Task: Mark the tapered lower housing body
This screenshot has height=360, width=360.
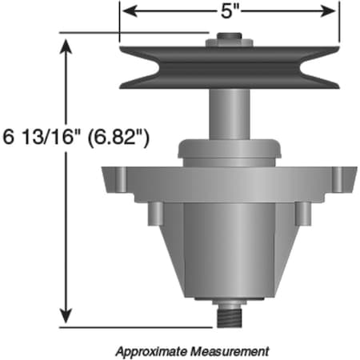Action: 228,248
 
